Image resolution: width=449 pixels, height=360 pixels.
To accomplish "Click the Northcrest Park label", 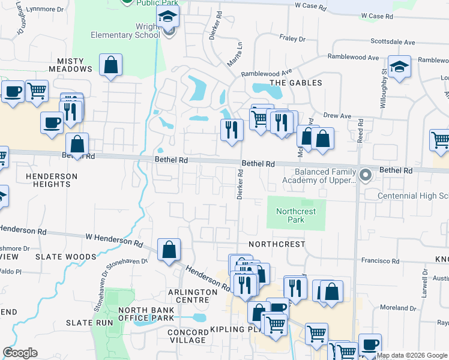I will (295, 215).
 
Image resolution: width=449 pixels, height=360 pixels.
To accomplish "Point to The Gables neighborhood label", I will (295, 83).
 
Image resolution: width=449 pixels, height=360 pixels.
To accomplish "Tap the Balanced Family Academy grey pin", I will (365, 175).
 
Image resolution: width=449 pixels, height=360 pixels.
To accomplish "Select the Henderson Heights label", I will (52, 180).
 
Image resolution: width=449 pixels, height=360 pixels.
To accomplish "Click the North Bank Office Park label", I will (146, 314).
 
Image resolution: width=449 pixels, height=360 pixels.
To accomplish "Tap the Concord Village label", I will (187, 336).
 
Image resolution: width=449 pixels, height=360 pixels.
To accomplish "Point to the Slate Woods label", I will (65, 257).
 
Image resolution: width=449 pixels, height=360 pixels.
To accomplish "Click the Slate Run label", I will (89, 323).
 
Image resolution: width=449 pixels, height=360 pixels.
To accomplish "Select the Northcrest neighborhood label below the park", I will (277, 244).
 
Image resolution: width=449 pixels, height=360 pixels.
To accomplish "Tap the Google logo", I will (20, 353).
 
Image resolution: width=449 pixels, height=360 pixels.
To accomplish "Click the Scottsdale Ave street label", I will (393, 43).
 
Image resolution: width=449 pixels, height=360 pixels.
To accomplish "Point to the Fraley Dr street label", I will (292, 38).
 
